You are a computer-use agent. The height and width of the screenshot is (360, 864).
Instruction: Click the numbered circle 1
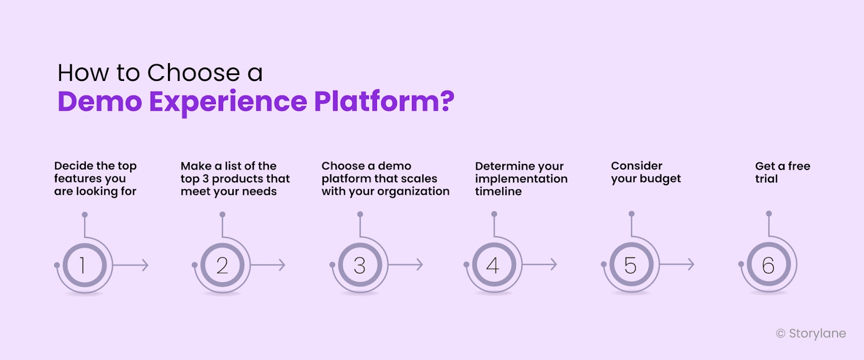click(84, 265)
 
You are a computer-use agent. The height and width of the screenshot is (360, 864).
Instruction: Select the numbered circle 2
click(222, 265)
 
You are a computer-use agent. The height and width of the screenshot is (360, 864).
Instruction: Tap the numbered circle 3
click(360, 265)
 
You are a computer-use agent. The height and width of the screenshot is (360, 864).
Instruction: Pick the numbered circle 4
click(494, 265)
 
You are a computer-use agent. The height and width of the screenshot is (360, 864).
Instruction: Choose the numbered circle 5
click(631, 265)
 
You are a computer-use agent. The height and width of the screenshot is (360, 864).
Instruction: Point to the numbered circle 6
click(768, 265)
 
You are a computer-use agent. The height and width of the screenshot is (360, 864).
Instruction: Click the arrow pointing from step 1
click(131, 265)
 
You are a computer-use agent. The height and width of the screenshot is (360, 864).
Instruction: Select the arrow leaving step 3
click(406, 264)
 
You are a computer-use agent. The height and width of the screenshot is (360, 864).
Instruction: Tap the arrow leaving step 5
click(678, 264)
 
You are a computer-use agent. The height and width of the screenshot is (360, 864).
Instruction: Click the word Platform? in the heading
click(384, 101)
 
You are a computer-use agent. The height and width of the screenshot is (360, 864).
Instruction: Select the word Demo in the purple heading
click(100, 101)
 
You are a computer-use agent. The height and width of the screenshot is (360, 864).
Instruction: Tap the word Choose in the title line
click(194, 73)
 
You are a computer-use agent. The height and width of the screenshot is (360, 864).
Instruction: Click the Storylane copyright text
click(811, 334)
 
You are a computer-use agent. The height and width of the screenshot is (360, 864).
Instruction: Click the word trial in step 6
click(766, 179)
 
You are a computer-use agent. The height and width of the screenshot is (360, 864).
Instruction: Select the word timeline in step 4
click(498, 192)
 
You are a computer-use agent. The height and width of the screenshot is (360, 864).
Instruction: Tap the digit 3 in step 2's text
click(206, 179)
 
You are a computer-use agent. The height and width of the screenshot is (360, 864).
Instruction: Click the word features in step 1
click(75, 179)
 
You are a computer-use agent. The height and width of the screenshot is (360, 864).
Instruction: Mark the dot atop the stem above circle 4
click(494, 214)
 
